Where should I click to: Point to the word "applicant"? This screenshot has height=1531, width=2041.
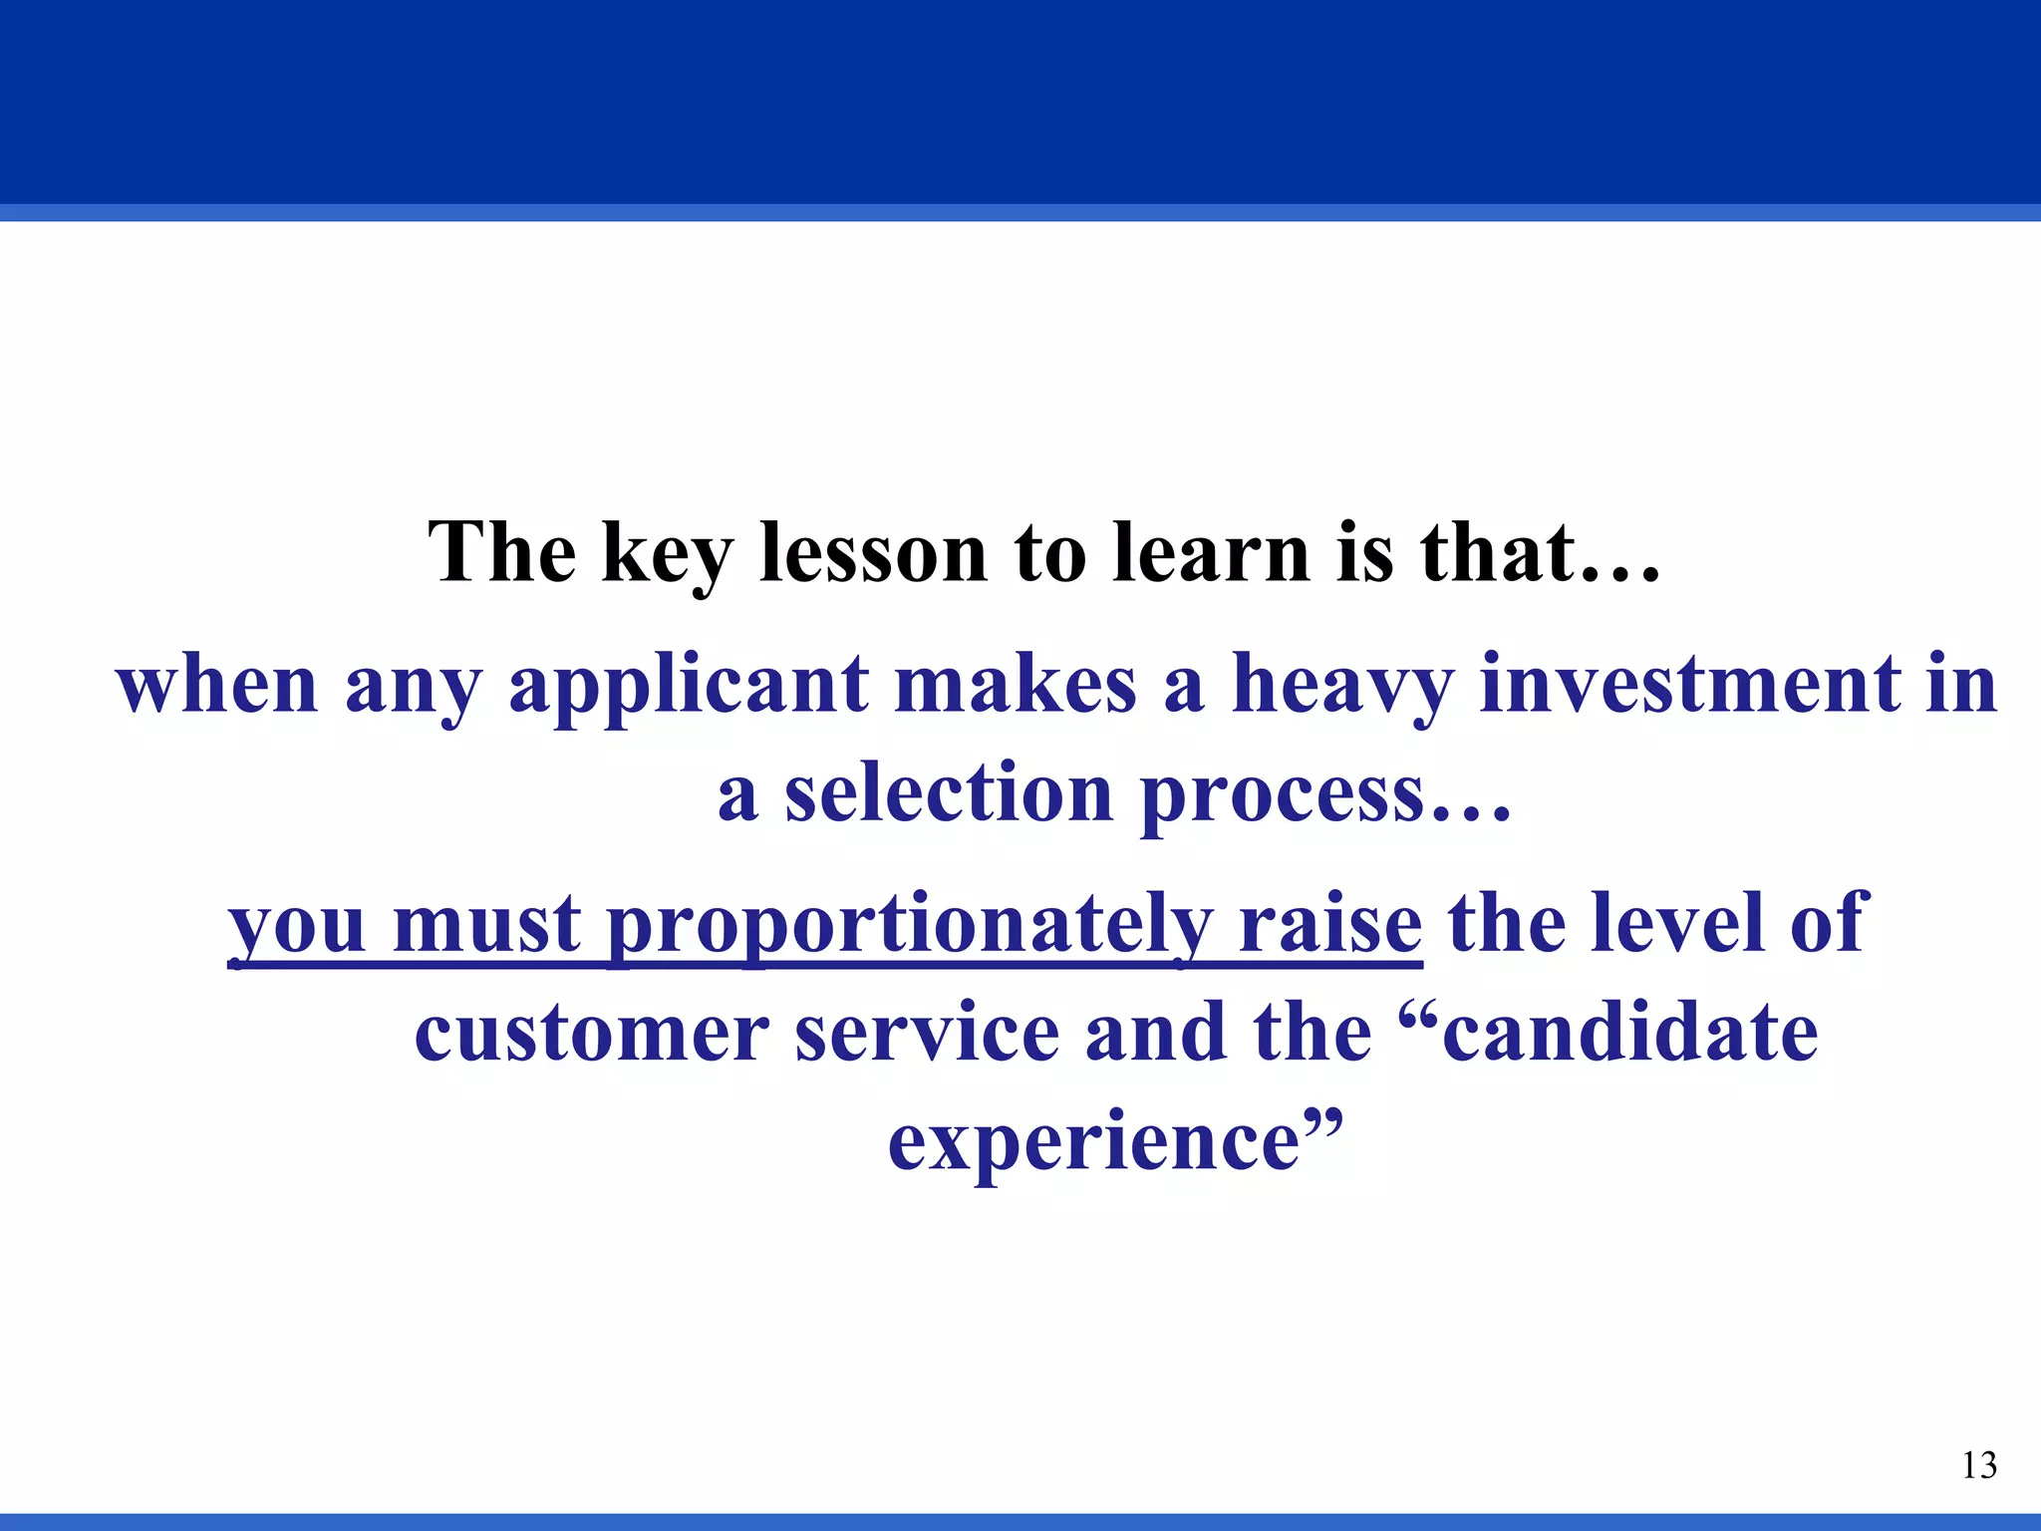click(x=689, y=688)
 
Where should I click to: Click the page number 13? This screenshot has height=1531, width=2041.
click(x=1978, y=1465)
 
